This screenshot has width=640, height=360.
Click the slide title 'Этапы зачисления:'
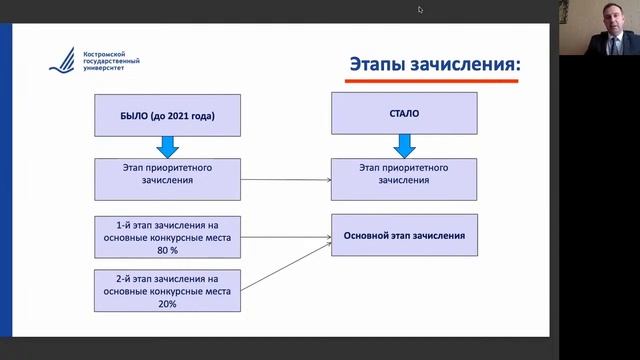434,65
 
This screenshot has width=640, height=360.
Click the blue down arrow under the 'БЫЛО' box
167,146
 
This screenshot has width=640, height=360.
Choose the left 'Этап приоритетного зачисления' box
167,177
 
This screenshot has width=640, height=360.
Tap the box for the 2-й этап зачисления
167,290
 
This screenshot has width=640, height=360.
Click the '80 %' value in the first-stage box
167,250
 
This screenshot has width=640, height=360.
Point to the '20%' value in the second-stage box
167,303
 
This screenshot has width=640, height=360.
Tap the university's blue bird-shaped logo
60,62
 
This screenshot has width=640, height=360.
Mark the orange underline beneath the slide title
434,81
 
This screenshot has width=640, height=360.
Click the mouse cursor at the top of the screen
420,10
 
